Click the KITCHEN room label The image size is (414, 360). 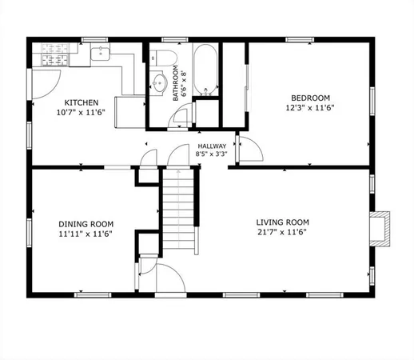click(82, 102)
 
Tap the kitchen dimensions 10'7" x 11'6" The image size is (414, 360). click(82, 114)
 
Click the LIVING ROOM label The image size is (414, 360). click(282, 222)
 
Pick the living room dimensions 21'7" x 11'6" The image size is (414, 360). click(282, 233)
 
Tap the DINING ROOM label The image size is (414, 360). click(86, 224)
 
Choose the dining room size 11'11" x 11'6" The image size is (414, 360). click(86, 235)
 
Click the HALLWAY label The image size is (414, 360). click(212, 146)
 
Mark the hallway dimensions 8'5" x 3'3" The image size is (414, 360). click(212, 154)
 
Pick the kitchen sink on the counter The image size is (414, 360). click(101, 54)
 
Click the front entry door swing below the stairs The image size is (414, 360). click(169, 278)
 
